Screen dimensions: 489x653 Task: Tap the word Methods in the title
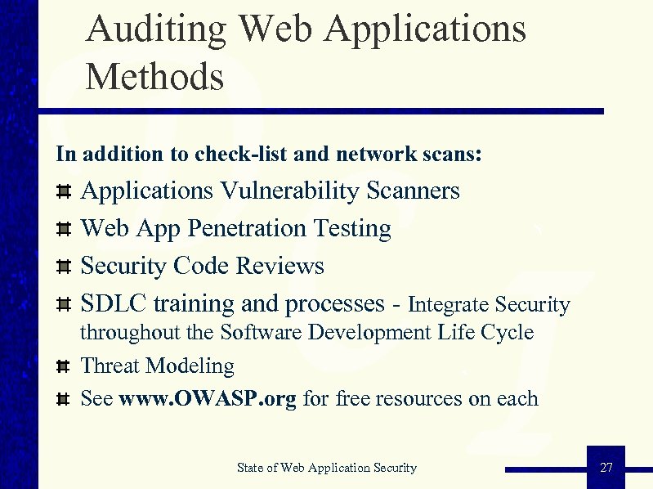tap(154, 78)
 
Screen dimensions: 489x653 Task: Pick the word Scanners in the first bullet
tap(414, 191)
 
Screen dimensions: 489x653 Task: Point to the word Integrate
tap(449, 305)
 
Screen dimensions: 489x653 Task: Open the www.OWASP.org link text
tap(208, 399)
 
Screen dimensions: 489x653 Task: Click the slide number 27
tap(606, 468)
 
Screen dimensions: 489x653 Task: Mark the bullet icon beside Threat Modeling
tap(62, 367)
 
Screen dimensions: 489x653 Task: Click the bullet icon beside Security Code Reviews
tap(62, 267)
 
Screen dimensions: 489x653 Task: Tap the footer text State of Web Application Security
tap(326, 468)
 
